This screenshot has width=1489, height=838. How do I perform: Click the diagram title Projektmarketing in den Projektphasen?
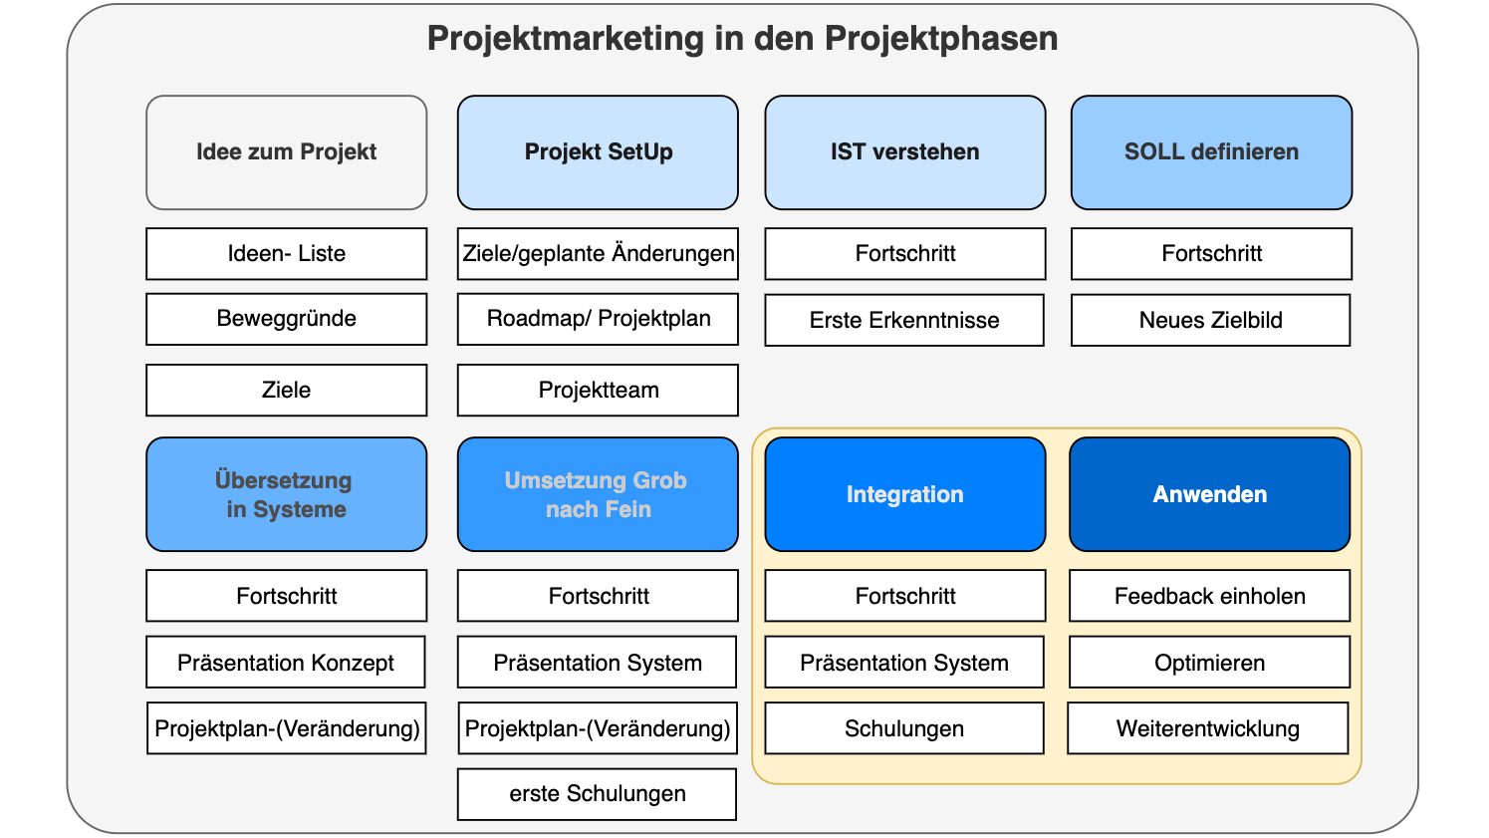pyautogui.click(x=742, y=39)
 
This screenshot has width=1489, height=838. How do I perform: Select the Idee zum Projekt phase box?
pyautogui.click(x=287, y=152)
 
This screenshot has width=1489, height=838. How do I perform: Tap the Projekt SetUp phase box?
pyautogui.click(x=598, y=152)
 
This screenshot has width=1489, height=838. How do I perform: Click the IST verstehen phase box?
pyautogui.click(x=904, y=152)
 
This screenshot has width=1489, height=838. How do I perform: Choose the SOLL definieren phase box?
pyautogui.click(x=1211, y=152)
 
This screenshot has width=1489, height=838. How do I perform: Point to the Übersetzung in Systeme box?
pyautogui.click(x=287, y=494)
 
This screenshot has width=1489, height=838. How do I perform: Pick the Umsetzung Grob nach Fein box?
pyautogui.click(x=598, y=494)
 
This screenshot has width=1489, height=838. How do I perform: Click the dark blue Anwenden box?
pyautogui.click(x=1209, y=494)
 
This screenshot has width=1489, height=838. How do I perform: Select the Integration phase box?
pyautogui.click(x=904, y=494)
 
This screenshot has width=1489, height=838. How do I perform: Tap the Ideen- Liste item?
pyautogui.click(x=287, y=254)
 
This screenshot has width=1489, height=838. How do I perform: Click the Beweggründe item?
pyautogui.click(x=287, y=319)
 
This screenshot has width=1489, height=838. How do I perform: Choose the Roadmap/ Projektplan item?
pyautogui.click(x=598, y=319)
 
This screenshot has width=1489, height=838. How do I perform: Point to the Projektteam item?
pyautogui.click(x=598, y=390)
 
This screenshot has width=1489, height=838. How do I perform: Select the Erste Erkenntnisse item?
pyautogui.click(x=904, y=320)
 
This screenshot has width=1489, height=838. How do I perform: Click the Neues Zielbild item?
pyautogui.click(x=1210, y=320)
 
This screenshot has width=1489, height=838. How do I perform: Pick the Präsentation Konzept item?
pyautogui.click(x=286, y=663)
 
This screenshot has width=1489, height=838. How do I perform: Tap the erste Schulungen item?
pyautogui.click(x=597, y=794)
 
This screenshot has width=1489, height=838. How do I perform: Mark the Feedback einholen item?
pyautogui.click(x=1209, y=596)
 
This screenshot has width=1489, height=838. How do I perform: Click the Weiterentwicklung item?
pyautogui.click(x=1207, y=728)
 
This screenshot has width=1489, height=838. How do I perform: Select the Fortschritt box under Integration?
pyautogui.click(x=904, y=596)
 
